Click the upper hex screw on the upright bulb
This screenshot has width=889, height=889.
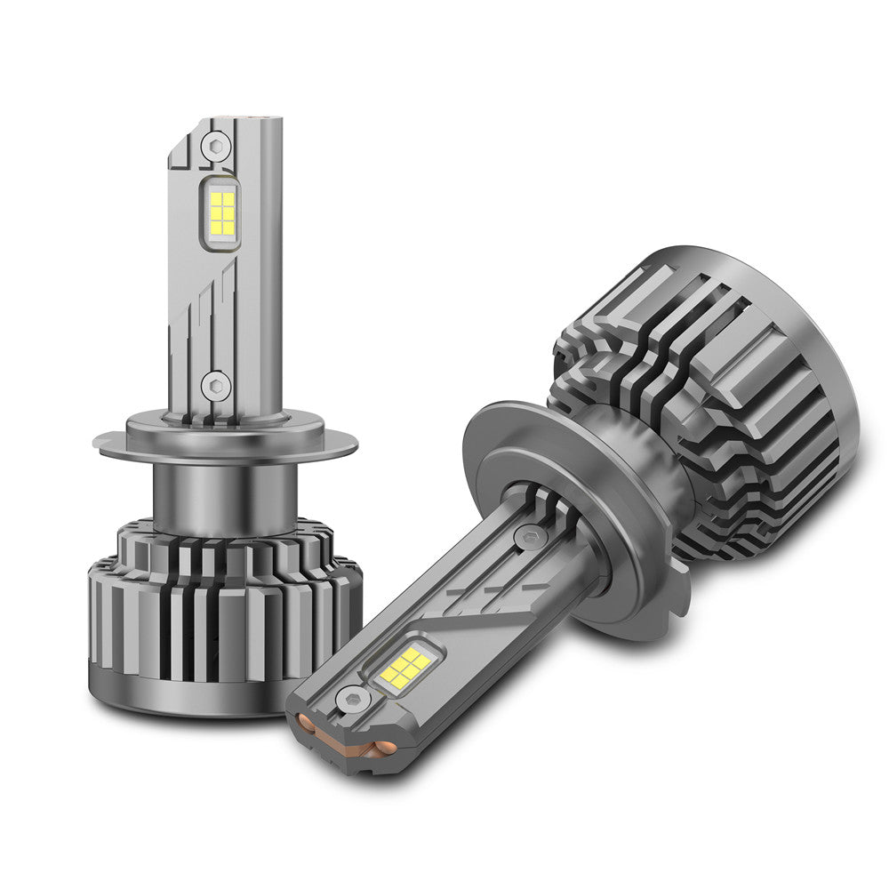click(214, 145)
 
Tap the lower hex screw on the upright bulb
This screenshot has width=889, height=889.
click(214, 386)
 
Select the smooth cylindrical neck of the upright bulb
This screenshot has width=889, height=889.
click(222, 498)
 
